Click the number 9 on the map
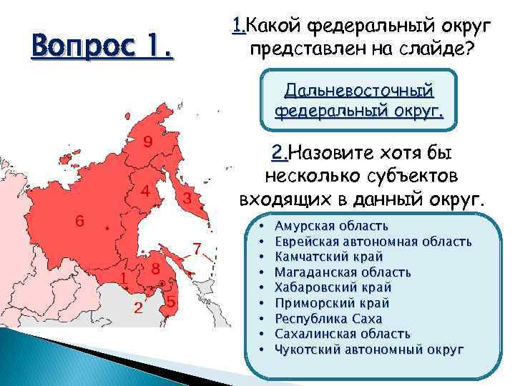[147, 141]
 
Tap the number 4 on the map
[145, 192]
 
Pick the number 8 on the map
[154, 269]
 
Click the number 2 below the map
[139, 309]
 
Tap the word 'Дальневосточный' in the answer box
[359, 91]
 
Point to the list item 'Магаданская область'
[343, 272]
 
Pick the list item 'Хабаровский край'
[333, 287]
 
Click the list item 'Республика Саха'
[328, 318]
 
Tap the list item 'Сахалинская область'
[342, 334]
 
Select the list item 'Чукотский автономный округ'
[369, 350]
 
